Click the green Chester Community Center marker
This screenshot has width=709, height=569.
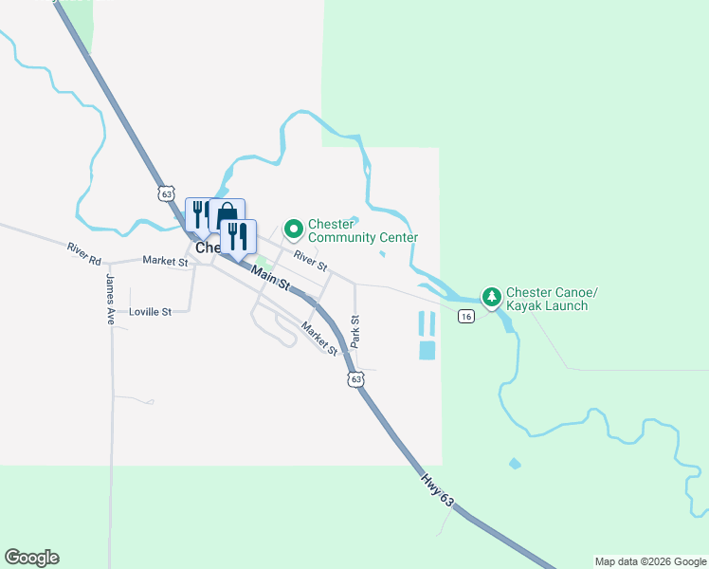[293, 228]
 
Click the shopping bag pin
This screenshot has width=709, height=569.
[227, 214]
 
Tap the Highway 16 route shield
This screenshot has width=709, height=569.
[465, 316]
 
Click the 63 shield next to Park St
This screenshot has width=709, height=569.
[355, 379]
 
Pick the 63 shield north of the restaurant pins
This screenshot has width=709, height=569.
[168, 193]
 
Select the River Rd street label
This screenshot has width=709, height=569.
[83, 252]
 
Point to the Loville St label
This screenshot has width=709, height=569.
[150, 311]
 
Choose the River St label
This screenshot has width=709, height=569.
[310, 258]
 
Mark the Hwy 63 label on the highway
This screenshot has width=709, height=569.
[434, 489]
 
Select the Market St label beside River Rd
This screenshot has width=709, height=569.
[165, 260]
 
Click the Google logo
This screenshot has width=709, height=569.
[31, 558]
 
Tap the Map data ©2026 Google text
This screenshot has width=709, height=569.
[650, 561]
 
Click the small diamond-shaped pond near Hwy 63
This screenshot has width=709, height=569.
[515, 464]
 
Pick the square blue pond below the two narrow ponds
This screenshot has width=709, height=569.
[427, 350]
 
